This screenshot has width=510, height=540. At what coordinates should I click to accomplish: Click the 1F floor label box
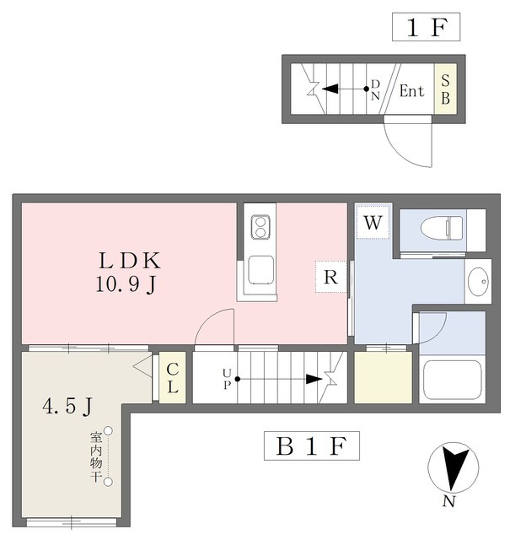tap(426, 27)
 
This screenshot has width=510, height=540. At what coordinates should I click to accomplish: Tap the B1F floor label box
tap(311, 445)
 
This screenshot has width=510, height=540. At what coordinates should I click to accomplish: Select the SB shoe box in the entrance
tap(445, 89)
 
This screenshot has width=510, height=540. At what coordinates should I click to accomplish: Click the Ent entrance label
tap(411, 91)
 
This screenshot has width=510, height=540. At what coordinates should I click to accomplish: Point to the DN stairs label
tap(375, 89)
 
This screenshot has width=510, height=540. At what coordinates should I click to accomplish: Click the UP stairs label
tap(227, 379)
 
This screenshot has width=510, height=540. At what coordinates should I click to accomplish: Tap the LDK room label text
tap(129, 261)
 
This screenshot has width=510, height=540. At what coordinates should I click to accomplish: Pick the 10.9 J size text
tap(126, 284)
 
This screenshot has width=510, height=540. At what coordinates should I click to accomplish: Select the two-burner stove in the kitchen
tap(260, 227)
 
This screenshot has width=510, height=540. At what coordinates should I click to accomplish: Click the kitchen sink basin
tap(261, 270)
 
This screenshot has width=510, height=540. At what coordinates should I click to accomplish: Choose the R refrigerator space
tap(330, 277)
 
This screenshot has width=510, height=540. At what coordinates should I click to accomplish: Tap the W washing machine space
tap(373, 222)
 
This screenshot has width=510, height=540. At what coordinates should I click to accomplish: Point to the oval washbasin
tap(478, 282)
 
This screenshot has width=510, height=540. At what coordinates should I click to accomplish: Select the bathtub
tap(452, 380)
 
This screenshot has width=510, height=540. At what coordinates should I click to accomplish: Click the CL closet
tap(173, 377)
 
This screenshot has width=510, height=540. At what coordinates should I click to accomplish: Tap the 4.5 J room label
tap(67, 407)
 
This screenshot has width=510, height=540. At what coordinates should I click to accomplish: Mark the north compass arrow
tap(454, 467)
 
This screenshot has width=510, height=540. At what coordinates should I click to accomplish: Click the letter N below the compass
tap(448, 501)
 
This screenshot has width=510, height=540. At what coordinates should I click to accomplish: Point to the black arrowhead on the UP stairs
tap(314, 379)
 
